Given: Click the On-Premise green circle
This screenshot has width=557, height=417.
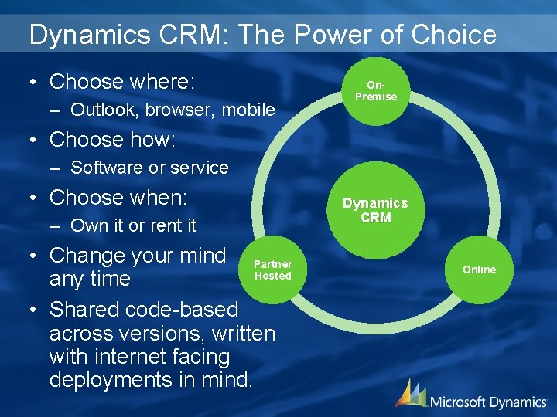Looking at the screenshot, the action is point(376,91).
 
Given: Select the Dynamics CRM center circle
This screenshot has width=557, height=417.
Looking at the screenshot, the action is point(375,210).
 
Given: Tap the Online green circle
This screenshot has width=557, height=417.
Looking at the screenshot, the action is point(480,270).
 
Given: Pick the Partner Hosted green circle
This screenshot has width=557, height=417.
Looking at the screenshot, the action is point(272,270).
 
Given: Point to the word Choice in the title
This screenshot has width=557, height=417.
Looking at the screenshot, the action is point(455,35).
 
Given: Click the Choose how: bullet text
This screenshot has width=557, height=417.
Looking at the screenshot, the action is point(112,140).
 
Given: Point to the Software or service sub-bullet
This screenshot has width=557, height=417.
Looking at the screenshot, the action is point(149,168).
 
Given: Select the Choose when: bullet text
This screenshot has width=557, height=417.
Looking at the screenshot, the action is point(118,198).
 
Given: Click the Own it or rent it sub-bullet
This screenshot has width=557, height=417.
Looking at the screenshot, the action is point(133,225).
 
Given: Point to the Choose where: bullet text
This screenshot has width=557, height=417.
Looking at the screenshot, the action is point(121,82).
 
